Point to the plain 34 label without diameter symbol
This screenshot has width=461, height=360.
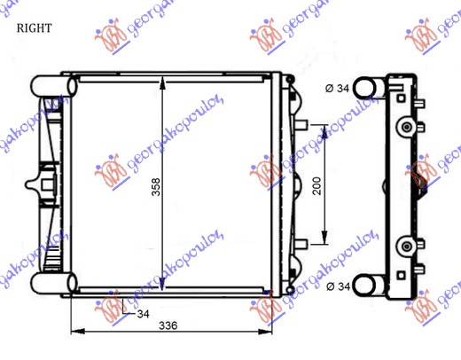tap(142, 314)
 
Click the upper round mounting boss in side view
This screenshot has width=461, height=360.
tap(407, 127)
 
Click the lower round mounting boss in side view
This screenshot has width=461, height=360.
tap(407, 244)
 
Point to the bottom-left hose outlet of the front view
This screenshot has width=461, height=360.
tap(50, 284)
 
